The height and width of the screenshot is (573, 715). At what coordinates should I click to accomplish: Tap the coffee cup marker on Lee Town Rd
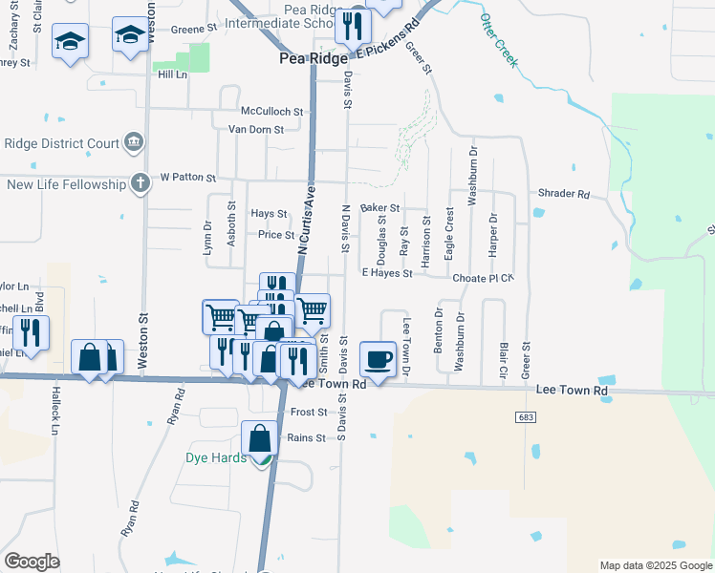(x=379, y=359)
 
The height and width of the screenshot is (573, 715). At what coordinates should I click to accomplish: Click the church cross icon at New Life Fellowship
(x=140, y=181)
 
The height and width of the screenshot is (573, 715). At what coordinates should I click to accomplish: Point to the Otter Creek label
(x=499, y=40)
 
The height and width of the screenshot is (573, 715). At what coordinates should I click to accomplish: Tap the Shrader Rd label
(x=564, y=194)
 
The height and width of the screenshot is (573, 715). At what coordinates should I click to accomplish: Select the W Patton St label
(x=187, y=178)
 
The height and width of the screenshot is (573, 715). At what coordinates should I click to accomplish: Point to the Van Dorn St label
(x=255, y=130)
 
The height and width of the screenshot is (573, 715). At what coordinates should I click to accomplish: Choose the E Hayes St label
(x=386, y=273)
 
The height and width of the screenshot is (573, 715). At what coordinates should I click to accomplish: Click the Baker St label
(x=379, y=207)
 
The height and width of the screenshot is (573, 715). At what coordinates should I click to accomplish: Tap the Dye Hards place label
(x=216, y=457)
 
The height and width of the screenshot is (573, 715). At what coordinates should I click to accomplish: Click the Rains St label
(x=307, y=438)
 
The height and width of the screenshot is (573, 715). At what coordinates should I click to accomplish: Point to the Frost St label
(x=309, y=413)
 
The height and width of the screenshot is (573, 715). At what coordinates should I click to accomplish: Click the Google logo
(x=31, y=562)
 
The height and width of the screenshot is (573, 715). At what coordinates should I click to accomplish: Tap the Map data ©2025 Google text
(x=655, y=565)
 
